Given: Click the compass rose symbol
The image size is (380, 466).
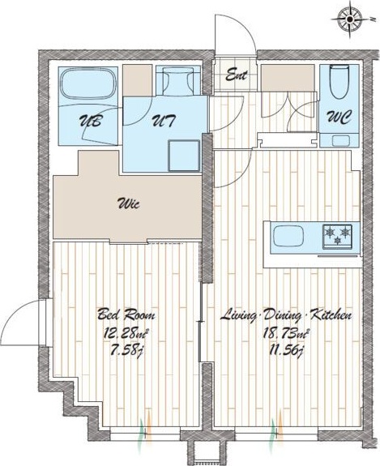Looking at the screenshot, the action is tap(350, 19).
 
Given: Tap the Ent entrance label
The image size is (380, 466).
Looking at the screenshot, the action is tap(237, 75).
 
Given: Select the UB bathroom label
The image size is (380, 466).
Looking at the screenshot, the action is tap(90, 122).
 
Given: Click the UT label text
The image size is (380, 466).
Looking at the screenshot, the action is tap(164, 122).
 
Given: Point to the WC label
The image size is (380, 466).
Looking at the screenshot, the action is tap(339, 118).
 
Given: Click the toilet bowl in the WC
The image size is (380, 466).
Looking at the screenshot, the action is tap(339, 83).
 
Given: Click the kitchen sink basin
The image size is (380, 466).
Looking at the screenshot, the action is tap(288, 236).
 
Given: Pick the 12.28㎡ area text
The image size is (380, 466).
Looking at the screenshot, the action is tap(126, 333).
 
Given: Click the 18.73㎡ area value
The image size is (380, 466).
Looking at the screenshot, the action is tap(285, 333).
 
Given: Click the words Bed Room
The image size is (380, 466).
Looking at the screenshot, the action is tap(126, 314).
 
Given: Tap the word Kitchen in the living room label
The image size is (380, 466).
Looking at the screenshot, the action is tap(330, 314).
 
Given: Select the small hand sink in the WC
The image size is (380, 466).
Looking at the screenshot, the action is tap(340, 140).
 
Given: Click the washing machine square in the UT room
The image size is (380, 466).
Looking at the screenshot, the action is tap(184, 156).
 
